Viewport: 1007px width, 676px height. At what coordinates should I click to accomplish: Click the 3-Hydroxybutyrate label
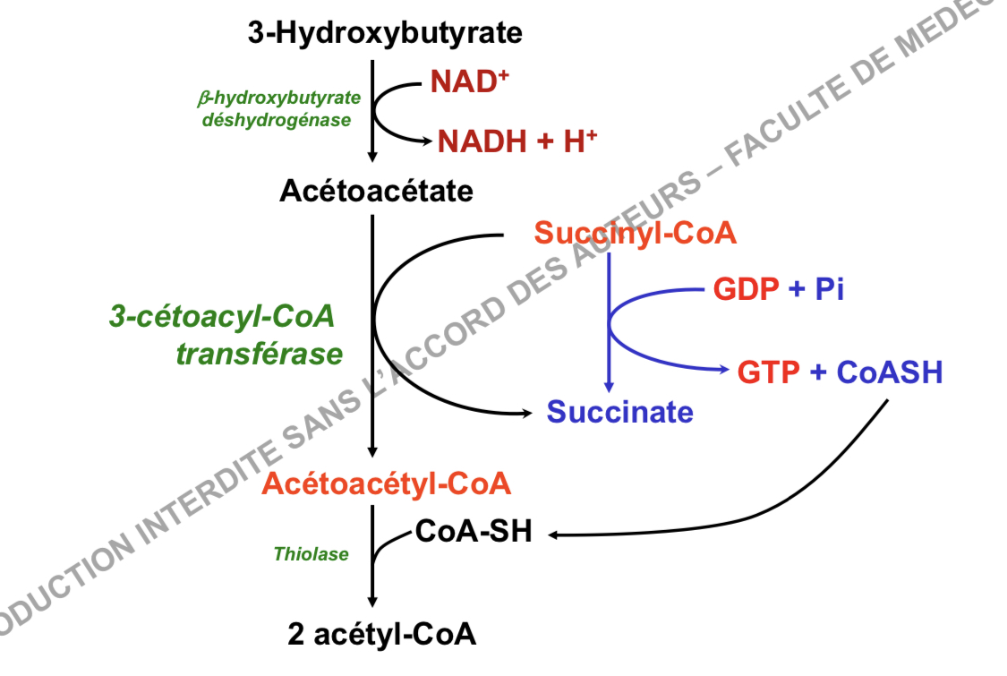(x=385, y=34)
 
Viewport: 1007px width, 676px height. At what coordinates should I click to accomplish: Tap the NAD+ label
(x=469, y=82)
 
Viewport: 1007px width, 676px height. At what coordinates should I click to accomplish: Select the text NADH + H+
(x=516, y=141)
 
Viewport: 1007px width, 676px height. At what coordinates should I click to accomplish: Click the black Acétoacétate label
(x=376, y=191)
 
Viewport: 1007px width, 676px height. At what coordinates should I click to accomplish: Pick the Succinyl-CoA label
(x=636, y=235)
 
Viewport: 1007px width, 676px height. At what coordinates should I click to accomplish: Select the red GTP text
(x=769, y=372)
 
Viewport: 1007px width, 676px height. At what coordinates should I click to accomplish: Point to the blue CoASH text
(x=890, y=372)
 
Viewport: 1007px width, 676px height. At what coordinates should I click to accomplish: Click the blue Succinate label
(x=619, y=412)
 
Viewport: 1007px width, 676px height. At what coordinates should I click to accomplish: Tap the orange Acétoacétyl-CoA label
(x=387, y=484)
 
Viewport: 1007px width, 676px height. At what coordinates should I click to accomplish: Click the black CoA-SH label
(x=474, y=532)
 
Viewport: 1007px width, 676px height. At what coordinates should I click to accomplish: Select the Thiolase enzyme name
(x=311, y=555)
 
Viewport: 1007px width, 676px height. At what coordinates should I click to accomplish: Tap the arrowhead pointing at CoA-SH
(x=555, y=535)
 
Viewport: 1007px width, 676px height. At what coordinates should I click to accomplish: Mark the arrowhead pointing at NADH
(x=427, y=141)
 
